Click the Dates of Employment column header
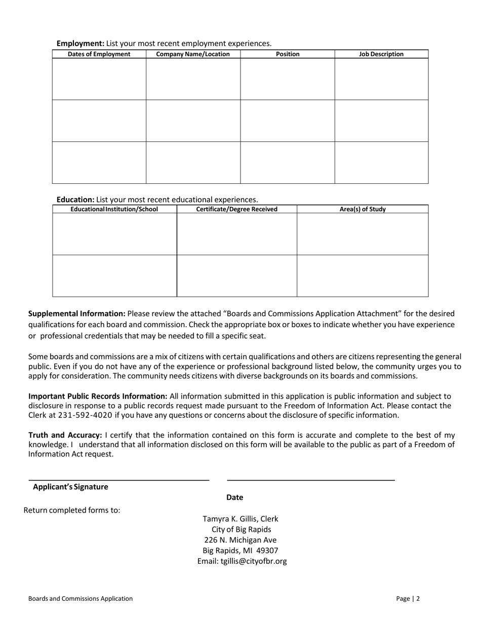pos(99,54)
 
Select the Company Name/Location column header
pos(193,54)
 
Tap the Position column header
pos(288,54)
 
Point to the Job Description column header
pos(381,54)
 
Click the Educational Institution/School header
pos(114,209)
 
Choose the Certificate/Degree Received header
pos(236,209)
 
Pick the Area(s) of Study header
pos(363,209)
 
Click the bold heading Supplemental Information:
pos(77,314)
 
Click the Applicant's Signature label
pos(70,487)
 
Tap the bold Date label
pos(235,497)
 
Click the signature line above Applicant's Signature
pos(118,479)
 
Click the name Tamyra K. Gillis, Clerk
pos(240,519)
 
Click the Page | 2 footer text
pos(408,599)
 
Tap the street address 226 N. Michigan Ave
pos(240,540)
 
